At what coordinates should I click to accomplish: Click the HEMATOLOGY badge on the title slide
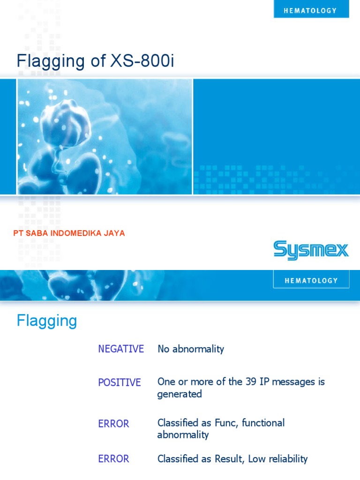pyautogui.click(x=311, y=10)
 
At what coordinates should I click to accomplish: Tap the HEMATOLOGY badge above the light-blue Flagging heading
pyautogui.click(x=311, y=280)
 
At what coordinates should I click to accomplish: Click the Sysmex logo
pyautogui.click(x=311, y=250)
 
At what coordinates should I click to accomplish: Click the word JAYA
pyautogui.click(x=115, y=233)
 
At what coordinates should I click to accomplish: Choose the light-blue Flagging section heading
pyautogui.click(x=47, y=321)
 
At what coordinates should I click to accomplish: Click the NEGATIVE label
pyautogui.click(x=121, y=349)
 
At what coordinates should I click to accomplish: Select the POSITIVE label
pyautogui.click(x=120, y=382)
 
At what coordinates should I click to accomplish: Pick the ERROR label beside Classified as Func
pyautogui.click(x=113, y=424)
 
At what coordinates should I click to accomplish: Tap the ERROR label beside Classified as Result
pyautogui.click(x=113, y=459)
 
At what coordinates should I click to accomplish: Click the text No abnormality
pyautogui.click(x=191, y=349)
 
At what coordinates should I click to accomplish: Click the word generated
pyautogui.click(x=180, y=394)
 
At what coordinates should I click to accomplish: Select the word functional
pyautogui.click(x=262, y=423)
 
